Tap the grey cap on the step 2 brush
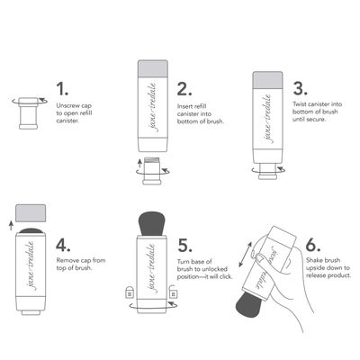pos(154,69)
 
